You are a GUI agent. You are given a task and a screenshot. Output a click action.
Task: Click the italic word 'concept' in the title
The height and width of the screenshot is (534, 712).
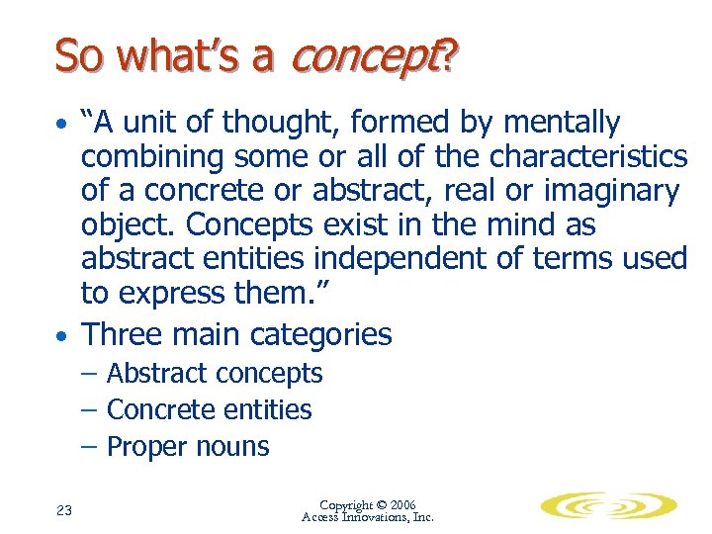(362, 57)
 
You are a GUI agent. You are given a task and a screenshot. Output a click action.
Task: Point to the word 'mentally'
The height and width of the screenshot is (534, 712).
(562, 123)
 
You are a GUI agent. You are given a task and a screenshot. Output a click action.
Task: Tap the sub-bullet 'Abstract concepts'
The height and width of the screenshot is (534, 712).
(214, 374)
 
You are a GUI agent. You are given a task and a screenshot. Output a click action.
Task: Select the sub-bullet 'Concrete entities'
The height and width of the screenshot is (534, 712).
(209, 409)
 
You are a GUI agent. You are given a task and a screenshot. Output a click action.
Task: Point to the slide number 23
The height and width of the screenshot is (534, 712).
(64, 510)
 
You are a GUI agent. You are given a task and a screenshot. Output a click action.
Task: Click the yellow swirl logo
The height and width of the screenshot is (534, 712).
(608, 506)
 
